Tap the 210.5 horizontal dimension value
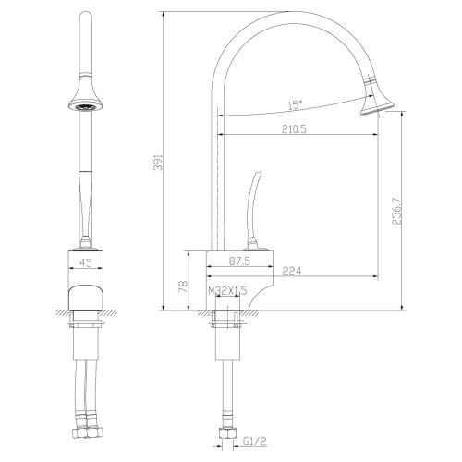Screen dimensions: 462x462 [294, 129]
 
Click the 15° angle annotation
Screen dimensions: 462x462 [294, 103]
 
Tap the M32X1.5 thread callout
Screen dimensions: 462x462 [227, 291]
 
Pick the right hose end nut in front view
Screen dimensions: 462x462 [97, 430]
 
